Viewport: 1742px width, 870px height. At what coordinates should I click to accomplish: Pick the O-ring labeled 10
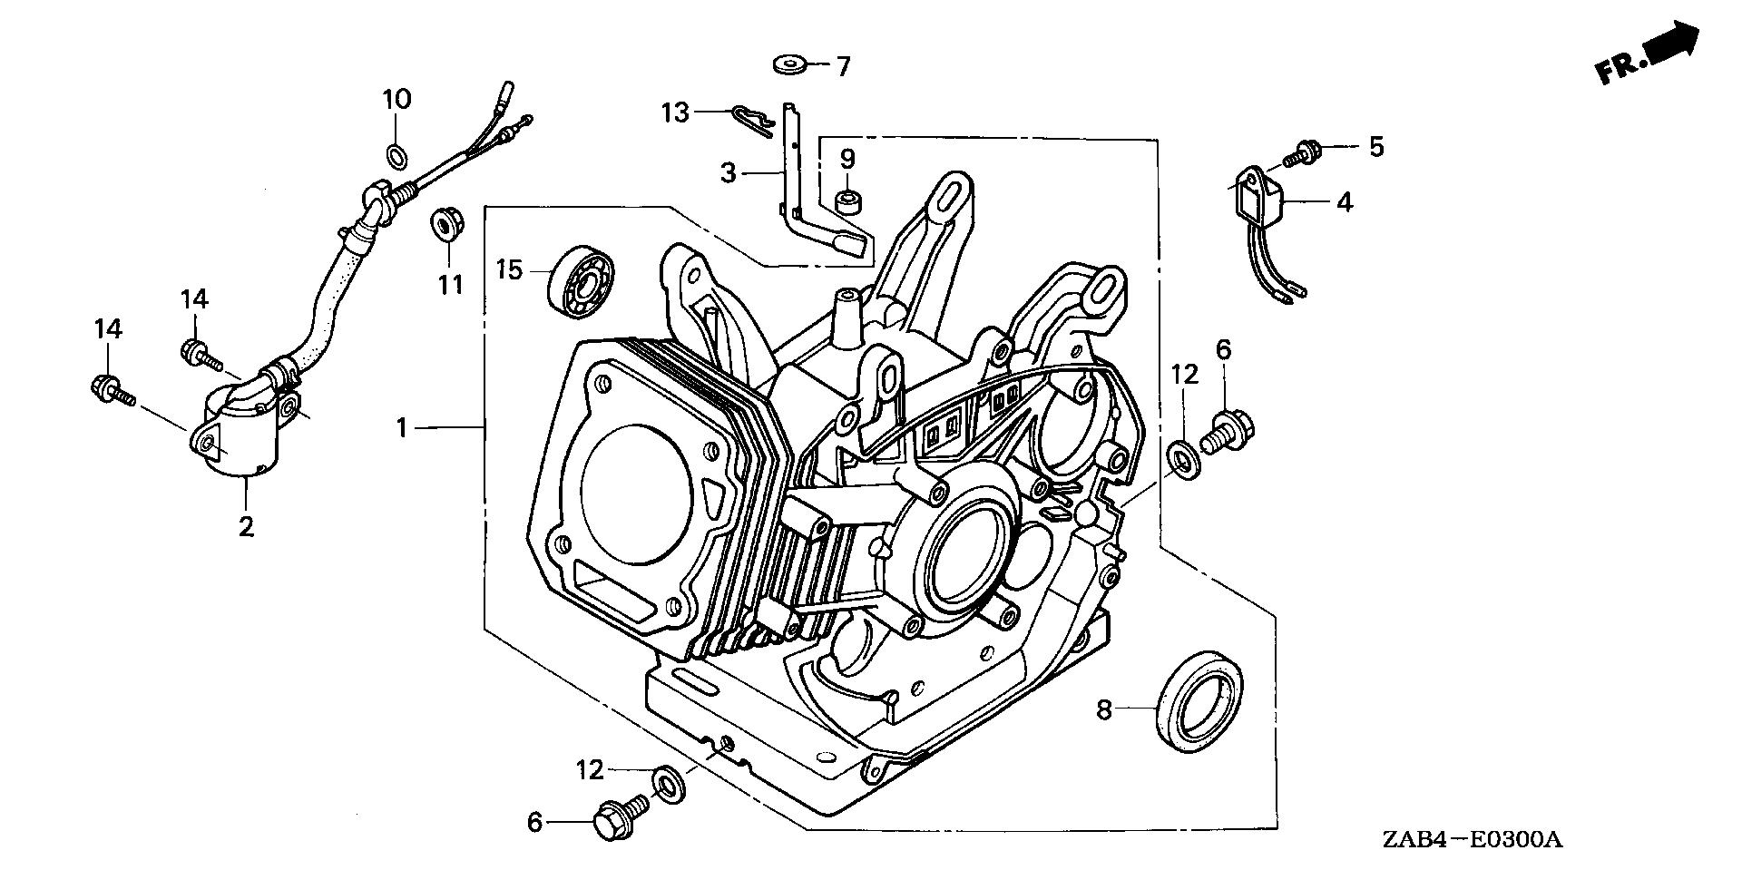click(x=396, y=155)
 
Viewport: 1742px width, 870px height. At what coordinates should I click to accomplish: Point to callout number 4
click(x=1345, y=201)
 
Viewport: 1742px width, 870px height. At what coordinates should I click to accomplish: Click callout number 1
click(x=402, y=426)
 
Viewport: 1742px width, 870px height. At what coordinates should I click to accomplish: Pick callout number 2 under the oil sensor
click(x=246, y=525)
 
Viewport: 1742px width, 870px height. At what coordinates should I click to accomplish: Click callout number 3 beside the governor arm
click(x=728, y=172)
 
